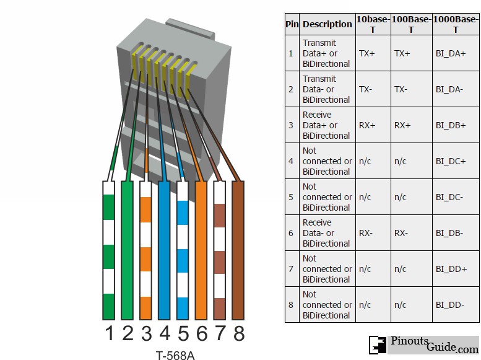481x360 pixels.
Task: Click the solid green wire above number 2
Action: tap(127, 248)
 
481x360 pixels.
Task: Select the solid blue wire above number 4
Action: tap(164, 248)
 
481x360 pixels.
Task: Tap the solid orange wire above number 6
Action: tap(201, 248)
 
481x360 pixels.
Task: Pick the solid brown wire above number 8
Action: tap(238, 248)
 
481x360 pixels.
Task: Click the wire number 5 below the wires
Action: tap(183, 334)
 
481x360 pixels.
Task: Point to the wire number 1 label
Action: tap(110, 334)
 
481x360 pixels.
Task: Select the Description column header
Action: tap(327, 24)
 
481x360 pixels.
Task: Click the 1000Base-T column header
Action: tap(455, 24)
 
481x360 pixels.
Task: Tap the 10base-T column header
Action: tap(373, 24)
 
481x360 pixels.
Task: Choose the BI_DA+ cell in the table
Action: tap(450, 53)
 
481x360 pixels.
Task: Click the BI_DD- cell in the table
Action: tap(449, 305)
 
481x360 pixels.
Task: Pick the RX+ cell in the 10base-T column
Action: tap(367, 125)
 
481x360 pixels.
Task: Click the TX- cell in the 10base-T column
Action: tap(366, 89)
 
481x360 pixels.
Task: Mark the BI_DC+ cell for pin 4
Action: tap(450, 161)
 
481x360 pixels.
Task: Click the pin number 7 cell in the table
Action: tap(291, 269)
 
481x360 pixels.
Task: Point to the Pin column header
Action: tap(292, 24)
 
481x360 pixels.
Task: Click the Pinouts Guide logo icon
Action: tap(378, 345)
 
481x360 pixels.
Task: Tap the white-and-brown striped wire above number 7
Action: tap(219, 248)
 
